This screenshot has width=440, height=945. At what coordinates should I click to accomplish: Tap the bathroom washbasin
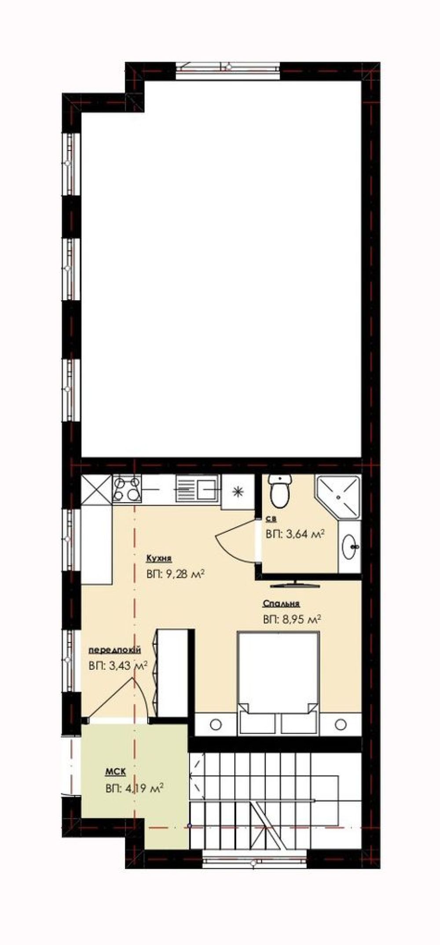[350, 547]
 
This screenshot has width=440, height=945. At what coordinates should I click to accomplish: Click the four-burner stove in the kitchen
[127, 489]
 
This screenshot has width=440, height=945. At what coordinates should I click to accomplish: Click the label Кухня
[159, 559]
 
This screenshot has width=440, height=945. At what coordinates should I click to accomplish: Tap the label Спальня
[281, 603]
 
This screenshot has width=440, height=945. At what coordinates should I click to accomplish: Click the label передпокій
[115, 650]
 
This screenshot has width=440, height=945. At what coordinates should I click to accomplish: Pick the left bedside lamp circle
[216, 724]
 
